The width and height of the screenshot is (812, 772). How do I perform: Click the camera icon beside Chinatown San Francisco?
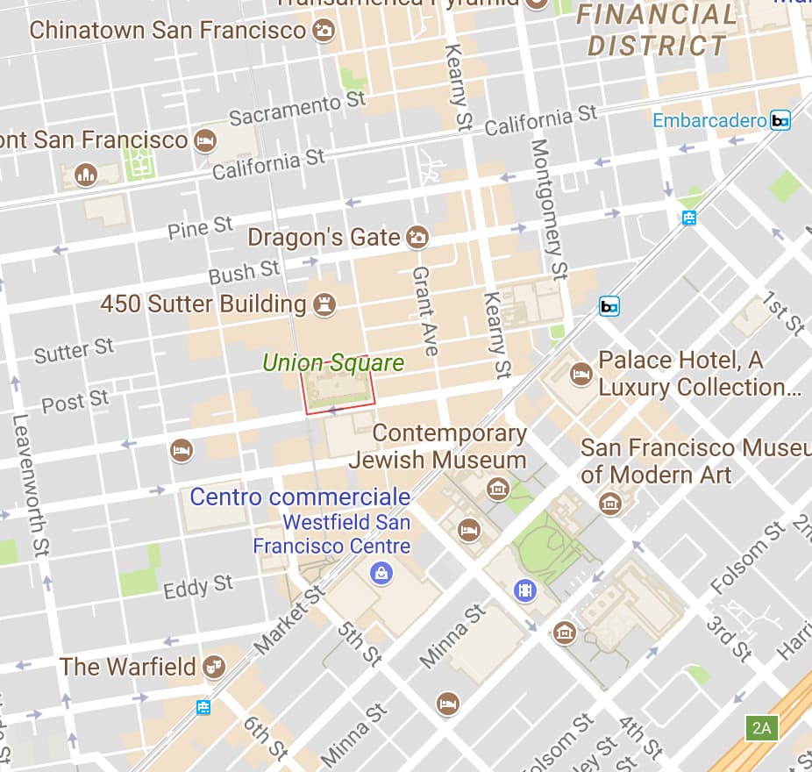324,31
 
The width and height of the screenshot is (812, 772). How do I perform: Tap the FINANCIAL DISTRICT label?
657,30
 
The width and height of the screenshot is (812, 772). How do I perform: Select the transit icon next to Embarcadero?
780,120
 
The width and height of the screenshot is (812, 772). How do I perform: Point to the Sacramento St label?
297,109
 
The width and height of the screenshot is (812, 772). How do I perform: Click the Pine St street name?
201,228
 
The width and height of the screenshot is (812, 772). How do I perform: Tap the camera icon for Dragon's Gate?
417,237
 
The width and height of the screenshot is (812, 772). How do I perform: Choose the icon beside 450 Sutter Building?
324,304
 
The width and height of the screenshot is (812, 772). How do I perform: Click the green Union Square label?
333,362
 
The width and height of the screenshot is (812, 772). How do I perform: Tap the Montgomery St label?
545,209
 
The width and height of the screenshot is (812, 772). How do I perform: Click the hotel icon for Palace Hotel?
580,374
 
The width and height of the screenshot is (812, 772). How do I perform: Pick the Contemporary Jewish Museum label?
438,447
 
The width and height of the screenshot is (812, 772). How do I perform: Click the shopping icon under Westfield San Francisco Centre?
381,574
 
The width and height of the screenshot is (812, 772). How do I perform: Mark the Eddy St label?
198,586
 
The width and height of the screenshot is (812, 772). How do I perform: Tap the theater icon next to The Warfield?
213,667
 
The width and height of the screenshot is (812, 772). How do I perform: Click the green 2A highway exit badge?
760,727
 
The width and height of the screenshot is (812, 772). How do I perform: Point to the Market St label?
288,622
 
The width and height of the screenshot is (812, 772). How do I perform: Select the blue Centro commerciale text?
300,497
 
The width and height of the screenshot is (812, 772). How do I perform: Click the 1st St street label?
782,315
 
